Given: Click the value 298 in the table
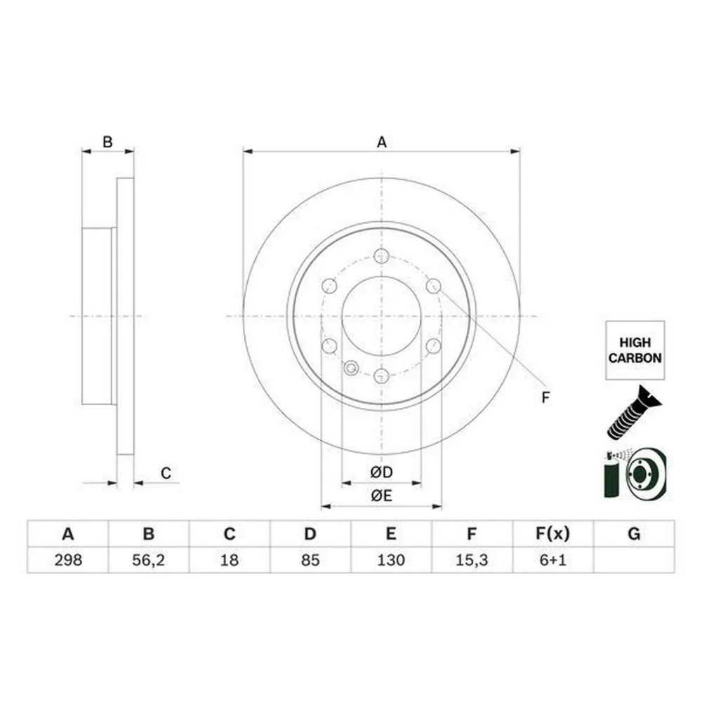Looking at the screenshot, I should click(x=67, y=560).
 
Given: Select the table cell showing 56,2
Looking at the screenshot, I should click(x=148, y=560).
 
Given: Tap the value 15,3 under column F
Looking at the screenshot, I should click(x=472, y=560).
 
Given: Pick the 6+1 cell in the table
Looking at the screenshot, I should click(x=552, y=560).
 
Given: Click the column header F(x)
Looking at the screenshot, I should click(x=552, y=534).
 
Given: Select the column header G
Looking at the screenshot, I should click(x=633, y=534).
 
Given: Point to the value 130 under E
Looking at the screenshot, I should click(x=391, y=560).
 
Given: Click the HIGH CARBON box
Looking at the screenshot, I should click(x=635, y=350).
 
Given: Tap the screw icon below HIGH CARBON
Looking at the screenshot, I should click(x=633, y=414).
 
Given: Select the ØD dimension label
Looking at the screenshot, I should click(x=381, y=473).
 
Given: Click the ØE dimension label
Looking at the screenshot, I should click(x=381, y=496).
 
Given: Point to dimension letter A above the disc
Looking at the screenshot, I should click(x=381, y=143).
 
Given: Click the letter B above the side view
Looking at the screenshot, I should click(x=107, y=143).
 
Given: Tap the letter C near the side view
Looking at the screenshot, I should click(x=166, y=474).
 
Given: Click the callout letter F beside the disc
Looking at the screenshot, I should click(x=545, y=398).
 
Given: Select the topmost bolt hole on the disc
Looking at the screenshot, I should click(x=381, y=256).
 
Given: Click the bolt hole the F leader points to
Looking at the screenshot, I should click(x=433, y=286).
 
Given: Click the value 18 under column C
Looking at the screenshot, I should click(x=229, y=560).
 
